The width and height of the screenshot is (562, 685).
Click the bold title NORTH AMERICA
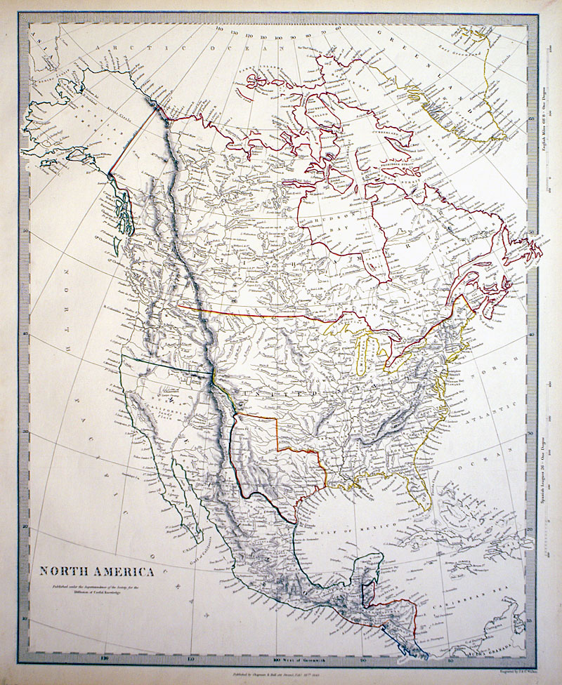(x=96, y=571)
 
